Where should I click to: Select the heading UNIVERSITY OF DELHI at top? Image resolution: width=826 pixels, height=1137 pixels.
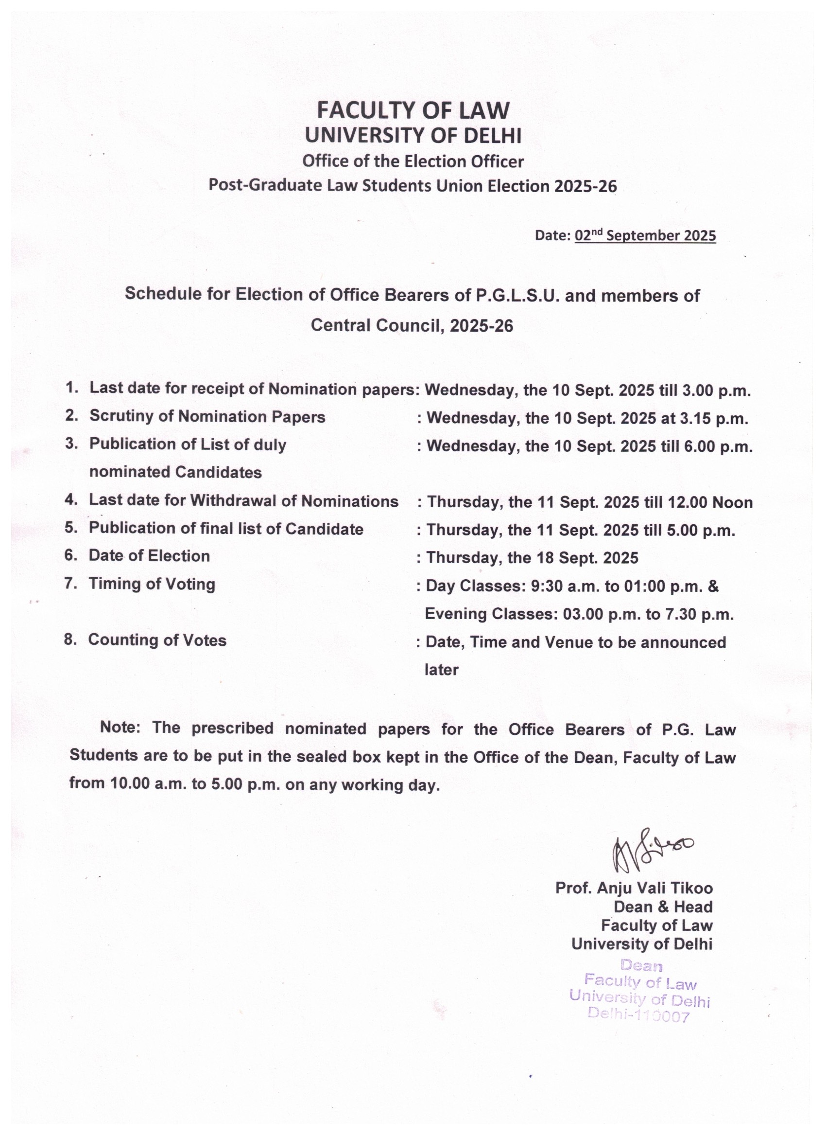click(413, 135)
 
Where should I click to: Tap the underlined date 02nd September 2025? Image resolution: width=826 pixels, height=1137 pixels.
click(645, 236)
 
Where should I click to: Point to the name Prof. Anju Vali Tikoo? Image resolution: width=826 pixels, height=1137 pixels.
click(634, 888)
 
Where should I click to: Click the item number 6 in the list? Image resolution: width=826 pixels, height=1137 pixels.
click(69, 555)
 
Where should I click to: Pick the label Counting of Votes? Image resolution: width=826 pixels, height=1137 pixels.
click(157, 640)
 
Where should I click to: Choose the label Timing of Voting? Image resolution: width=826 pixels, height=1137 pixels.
click(152, 584)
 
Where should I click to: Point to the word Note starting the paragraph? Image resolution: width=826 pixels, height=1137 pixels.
click(120, 728)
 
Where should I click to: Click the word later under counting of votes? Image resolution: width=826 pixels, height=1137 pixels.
click(441, 670)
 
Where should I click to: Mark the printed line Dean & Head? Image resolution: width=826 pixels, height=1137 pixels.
click(663, 906)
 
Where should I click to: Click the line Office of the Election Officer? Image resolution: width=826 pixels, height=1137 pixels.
click(413, 161)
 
